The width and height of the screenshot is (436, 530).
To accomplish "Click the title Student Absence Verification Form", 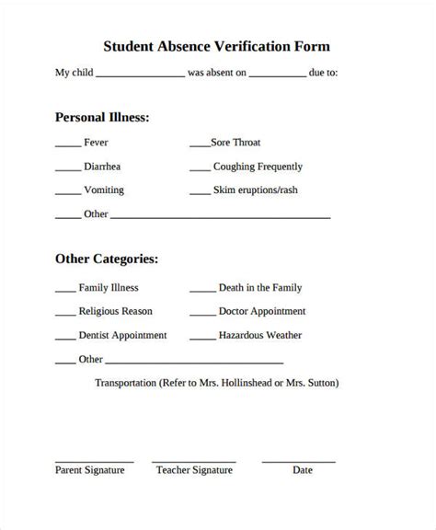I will click(x=217, y=45).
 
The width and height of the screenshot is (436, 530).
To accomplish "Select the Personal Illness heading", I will click(x=102, y=118).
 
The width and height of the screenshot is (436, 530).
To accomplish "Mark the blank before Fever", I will click(x=67, y=146).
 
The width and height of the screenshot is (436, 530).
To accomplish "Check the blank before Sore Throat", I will click(x=200, y=146).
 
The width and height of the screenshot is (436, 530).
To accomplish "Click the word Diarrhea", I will click(x=102, y=167).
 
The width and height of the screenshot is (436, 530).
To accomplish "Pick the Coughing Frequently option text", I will click(x=258, y=167).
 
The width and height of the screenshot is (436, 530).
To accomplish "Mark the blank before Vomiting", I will click(x=67, y=194).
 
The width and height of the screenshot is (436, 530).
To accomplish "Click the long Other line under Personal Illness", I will click(x=221, y=218).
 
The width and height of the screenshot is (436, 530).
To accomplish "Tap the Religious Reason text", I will click(x=116, y=312).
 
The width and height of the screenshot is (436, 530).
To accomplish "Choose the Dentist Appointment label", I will click(x=122, y=336).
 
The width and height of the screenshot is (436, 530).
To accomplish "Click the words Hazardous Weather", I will click(x=260, y=336).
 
